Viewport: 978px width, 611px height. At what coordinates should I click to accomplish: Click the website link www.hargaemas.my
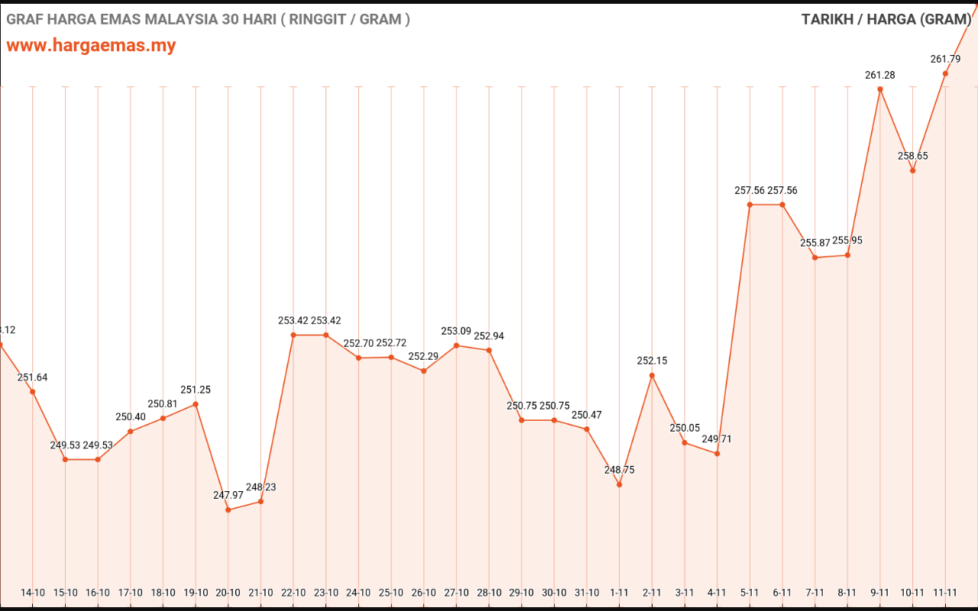pyautogui.click(x=91, y=45)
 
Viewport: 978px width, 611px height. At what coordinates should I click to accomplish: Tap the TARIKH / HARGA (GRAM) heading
pyautogui.click(x=886, y=19)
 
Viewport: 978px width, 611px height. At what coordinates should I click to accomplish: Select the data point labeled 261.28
pyautogui.click(x=880, y=89)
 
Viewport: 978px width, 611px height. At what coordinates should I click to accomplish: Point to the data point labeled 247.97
pyautogui.click(x=228, y=509)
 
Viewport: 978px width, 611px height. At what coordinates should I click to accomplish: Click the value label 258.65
pyautogui.click(x=912, y=156)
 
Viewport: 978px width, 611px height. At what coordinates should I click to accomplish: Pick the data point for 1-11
pyautogui.click(x=619, y=484)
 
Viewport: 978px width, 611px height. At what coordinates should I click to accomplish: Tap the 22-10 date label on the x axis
pyautogui.click(x=293, y=593)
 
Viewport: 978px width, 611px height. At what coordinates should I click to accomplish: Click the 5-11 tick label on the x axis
pyautogui.click(x=750, y=593)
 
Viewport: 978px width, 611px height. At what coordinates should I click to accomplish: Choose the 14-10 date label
pyautogui.click(x=33, y=593)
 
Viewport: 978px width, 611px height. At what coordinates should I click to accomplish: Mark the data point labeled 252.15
pyautogui.click(x=652, y=375)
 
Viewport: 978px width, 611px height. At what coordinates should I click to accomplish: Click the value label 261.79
pyautogui.click(x=945, y=59)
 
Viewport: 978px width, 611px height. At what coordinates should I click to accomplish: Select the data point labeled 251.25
pyautogui.click(x=196, y=404)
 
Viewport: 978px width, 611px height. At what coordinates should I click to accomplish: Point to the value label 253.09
pyautogui.click(x=456, y=331)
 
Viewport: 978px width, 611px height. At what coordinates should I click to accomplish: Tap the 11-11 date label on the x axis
pyautogui.click(x=945, y=593)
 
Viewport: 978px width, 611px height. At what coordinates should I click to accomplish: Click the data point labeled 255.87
pyautogui.click(x=815, y=257)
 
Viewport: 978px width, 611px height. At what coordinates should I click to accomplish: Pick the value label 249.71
pyautogui.click(x=717, y=439)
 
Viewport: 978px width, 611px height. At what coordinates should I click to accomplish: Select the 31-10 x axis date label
pyautogui.click(x=587, y=593)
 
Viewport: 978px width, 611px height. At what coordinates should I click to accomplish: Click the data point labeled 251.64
pyautogui.click(x=33, y=392)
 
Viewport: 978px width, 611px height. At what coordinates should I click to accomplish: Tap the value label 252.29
pyautogui.click(x=423, y=357)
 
